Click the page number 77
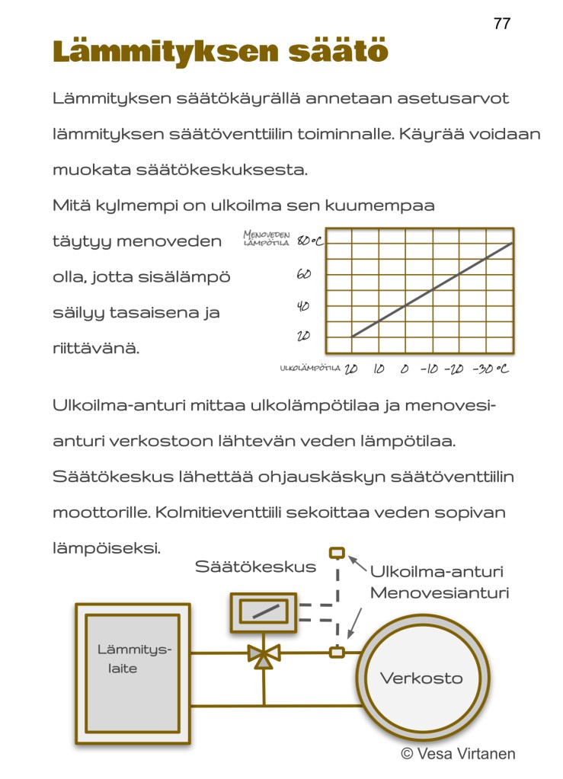(x=502, y=23)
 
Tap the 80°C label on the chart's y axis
(x=309, y=241)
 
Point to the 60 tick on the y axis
(x=302, y=274)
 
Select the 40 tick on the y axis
(x=302, y=306)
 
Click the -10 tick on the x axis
(x=430, y=369)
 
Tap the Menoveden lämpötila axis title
(x=267, y=240)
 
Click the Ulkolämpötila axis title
(x=309, y=369)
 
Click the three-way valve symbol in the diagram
(x=264, y=654)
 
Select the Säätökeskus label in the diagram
(x=255, y=567)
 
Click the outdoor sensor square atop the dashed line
(x=337, y=553)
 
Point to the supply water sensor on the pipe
(x=337, y=652)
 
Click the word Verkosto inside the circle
(x=421, y=678)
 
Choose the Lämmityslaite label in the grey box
(x=133, y=659)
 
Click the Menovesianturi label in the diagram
(x=439, y=592)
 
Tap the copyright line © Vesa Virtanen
(x=458, y=754)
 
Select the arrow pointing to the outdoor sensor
(x=357, y=564)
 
